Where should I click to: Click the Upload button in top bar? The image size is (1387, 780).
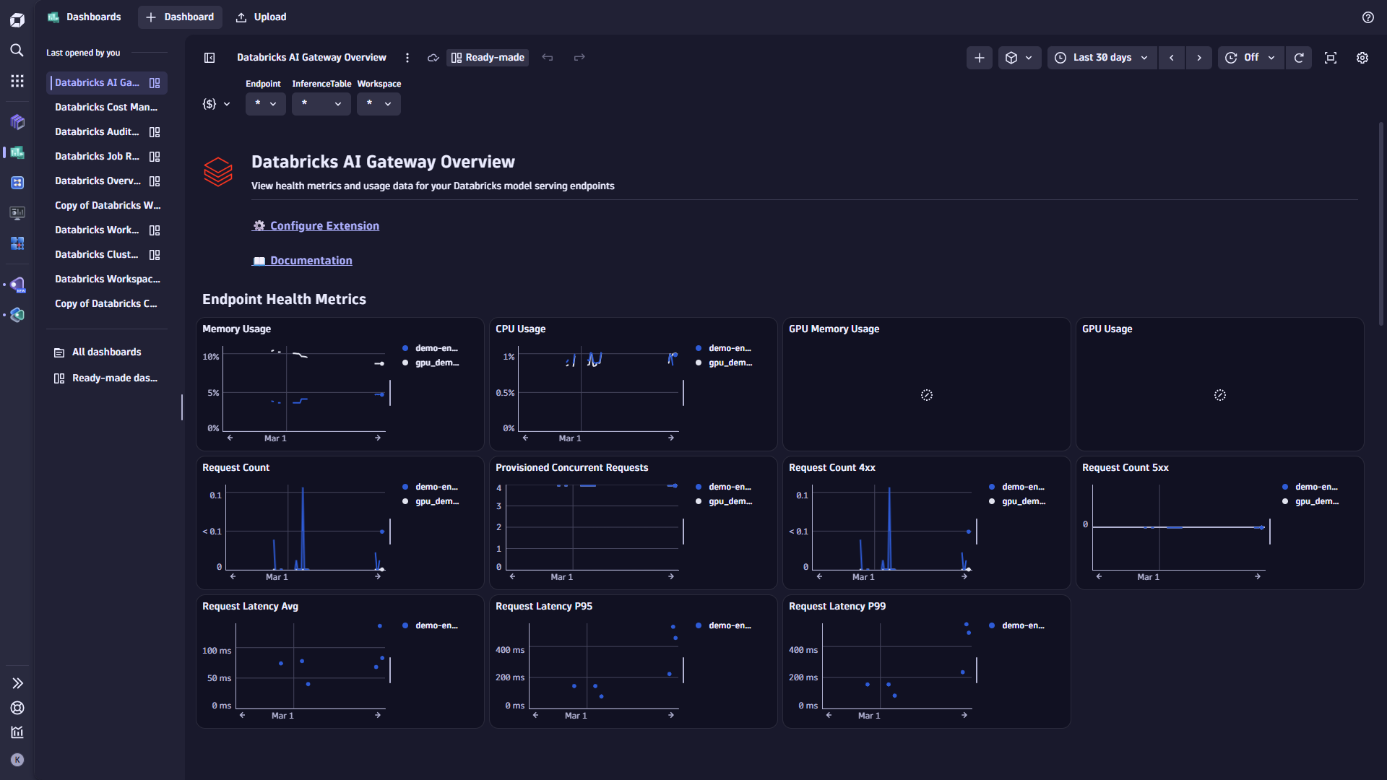[262, 17]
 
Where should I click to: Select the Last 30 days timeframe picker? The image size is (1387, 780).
[1102, 58]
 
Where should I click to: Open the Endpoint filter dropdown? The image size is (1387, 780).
[265, 104]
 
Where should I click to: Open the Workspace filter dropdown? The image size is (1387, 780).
[378, 104]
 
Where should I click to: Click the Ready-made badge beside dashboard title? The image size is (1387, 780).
[488, 58]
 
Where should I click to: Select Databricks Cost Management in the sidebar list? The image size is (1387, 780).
[106, 107]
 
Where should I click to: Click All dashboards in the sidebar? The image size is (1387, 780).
[106, 352]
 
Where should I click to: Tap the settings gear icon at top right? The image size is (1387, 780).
[1362, 58]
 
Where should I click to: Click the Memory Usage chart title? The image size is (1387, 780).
[236, 329]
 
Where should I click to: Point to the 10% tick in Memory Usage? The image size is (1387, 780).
[210, 357]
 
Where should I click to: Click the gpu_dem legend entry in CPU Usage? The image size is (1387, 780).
[730, 363]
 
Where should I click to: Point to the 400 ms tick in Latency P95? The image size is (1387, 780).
[510, 650]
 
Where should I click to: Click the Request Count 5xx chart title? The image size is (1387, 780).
[1125, 468]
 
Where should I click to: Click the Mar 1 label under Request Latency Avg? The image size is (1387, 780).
[282, 716]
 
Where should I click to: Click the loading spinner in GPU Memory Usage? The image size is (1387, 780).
[926, 395]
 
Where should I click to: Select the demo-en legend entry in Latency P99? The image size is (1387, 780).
[1022, 625]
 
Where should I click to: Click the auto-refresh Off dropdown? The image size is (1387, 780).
[1250, 58]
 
